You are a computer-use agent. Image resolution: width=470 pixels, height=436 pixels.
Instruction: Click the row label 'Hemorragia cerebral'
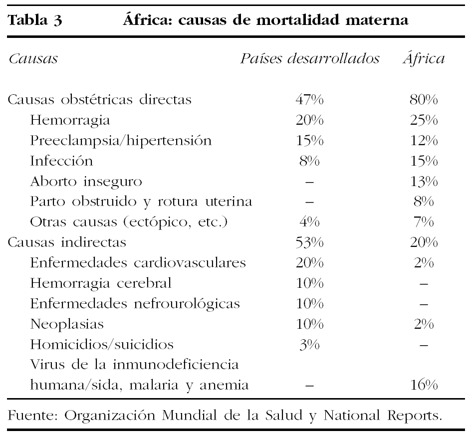[101, 283]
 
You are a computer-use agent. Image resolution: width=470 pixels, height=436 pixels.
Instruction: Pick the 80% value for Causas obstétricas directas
[424, 100]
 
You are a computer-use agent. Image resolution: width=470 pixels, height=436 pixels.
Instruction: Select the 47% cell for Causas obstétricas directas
[309, 100]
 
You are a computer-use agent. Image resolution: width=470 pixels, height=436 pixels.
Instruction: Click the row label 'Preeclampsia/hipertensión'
[120, 141]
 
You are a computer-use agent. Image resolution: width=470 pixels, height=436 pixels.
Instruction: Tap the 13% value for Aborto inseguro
[424, 182]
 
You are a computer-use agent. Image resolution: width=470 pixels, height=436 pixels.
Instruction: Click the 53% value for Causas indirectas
[309, 243]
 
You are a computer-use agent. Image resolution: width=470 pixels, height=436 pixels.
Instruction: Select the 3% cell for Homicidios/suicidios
[309, 345]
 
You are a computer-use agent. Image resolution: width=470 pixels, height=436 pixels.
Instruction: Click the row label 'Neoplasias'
[67, 324]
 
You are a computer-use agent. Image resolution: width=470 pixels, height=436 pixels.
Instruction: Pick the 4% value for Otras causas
[309, 222]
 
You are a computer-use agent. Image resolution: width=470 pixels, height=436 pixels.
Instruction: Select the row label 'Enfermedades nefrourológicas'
[135, 304]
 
